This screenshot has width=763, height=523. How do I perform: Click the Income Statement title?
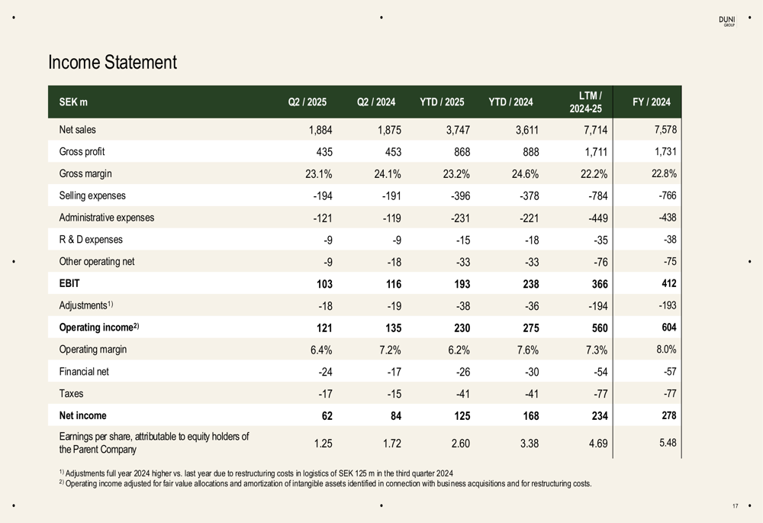point(112,63)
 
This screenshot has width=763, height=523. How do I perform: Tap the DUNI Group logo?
point(727,21)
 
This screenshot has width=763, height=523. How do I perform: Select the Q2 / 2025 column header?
point(307,102)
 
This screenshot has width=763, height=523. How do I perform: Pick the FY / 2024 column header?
point(652,102)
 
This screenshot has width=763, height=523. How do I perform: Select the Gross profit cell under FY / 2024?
point(665,152)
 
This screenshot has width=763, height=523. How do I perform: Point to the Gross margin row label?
point(85,174)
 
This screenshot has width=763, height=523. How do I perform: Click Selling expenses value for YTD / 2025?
point(456,196)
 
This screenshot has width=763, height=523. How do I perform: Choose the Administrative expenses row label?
point(106,218)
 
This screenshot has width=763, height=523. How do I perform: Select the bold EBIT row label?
point(69,284)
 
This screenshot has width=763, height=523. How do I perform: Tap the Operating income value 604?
point(667,328)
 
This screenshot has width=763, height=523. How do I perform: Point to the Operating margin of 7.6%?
point(526,350)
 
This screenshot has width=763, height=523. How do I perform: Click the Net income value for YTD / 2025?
point(459,416)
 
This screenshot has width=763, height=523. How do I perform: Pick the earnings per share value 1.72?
point(389,442)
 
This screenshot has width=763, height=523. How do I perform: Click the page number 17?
point(735,506)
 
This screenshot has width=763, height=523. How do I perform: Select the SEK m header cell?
point(72,102)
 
